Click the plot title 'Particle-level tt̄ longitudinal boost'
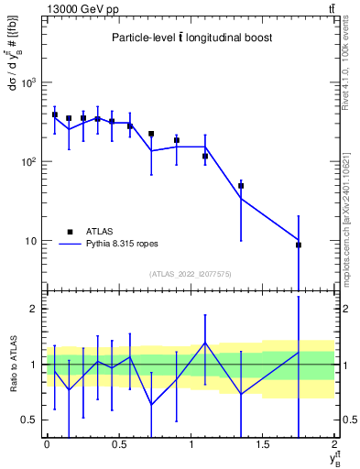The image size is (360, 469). [x=191, y=38]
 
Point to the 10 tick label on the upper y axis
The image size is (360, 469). [x=30, y=241]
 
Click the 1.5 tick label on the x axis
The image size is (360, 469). [x=263, y=444]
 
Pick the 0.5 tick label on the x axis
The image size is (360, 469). [x=118, y=444]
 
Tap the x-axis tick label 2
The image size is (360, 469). [x=335, y=444]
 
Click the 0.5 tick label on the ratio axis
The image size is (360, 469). [x=30, y=420]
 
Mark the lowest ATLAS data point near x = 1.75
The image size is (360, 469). [x=299, y=245]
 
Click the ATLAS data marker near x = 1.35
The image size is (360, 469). [x=241, y=186]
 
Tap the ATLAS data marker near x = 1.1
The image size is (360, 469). [x=205, y=157]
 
